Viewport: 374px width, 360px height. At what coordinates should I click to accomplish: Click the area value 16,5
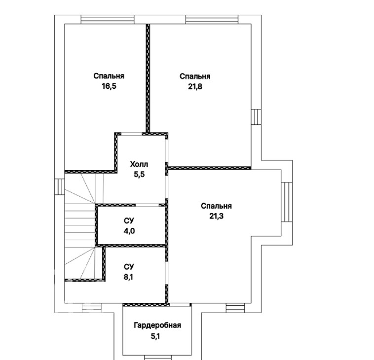[x=109, y=86]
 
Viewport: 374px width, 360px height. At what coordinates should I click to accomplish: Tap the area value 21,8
[x=195, y=86]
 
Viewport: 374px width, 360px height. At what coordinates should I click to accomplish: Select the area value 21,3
[x=216, y=216]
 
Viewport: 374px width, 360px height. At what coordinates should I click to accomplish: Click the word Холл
[x=139, y=164]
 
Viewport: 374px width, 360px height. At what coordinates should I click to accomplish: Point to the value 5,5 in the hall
[x=139, y=175]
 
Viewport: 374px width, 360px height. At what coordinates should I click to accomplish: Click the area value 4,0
[x=129, y=231]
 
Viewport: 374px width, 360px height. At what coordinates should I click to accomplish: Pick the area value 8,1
[x=129, y=277]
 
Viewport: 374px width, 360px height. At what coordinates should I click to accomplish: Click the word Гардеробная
[x=157, y=325]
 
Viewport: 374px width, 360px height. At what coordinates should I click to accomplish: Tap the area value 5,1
[x=155, y=336]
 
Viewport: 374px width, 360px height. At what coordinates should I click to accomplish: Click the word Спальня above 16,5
[x=109, y=76]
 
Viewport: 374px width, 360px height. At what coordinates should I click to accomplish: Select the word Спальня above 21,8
[x=195, y=76]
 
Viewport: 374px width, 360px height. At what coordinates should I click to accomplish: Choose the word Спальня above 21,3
[x=216, y=206]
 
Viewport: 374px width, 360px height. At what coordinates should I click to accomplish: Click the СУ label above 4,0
[x=129, y=221]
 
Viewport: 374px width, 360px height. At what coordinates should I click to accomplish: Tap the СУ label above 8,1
[x=129, y=266]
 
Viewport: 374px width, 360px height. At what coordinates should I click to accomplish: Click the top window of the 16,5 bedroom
[x=108, y=19]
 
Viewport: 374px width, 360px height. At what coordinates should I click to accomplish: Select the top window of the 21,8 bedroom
[x=212, y=19]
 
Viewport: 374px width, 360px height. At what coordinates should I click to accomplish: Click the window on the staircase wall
[x=59, y=187]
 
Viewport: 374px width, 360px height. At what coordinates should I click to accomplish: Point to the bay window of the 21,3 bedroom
[x=287, y=202]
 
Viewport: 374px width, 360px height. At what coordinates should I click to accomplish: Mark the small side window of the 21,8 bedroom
[x=256, y=117]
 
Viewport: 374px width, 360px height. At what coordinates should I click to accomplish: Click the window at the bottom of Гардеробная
[x=158, y=358]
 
